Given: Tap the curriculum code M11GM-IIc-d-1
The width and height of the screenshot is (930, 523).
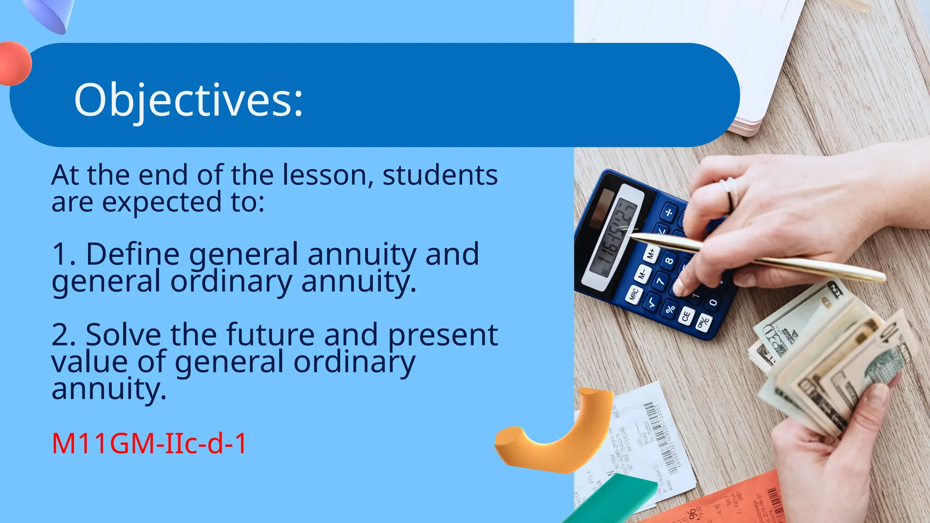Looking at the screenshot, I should [x=149, y=444].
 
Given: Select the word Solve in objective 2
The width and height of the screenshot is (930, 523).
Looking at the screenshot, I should [x=123, y=335].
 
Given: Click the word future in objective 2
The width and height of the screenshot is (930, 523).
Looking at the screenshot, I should [x=271, y=335].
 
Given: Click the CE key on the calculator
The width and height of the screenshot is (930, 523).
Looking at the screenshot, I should [x=686, y=315].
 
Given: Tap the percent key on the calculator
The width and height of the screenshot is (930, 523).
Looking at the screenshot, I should [x=670, y=308].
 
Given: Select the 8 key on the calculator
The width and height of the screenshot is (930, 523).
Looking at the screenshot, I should [x=669, y=261].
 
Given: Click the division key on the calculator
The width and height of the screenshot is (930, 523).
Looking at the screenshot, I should [x=668, y=212].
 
